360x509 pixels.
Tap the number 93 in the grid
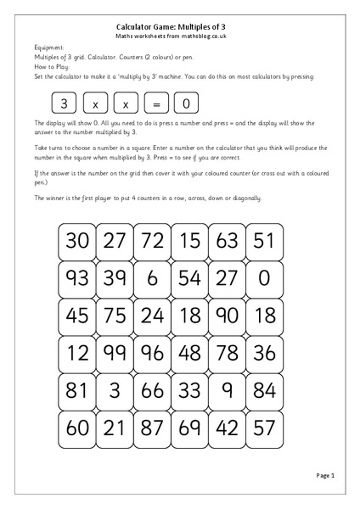point(77,278)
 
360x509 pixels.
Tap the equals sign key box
point(155,103)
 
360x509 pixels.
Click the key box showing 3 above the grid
point(65,103)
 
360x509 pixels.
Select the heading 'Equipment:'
point(50,48)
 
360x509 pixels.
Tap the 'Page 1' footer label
point(326,476)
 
